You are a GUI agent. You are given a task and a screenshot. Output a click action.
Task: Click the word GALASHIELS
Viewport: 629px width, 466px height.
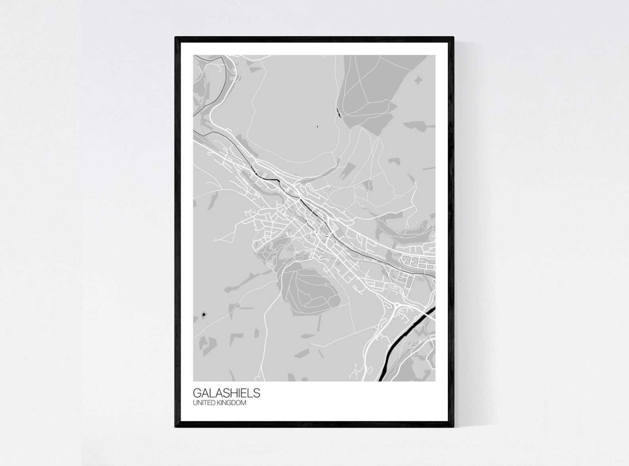pos(227,393)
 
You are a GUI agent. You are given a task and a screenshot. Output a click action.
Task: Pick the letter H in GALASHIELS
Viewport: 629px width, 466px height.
pos(232,393)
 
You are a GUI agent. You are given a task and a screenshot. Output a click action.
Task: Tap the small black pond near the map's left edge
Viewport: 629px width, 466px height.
pos(204,314)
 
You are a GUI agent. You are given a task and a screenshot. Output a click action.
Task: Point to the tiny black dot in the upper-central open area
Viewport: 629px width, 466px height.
pos(317,127)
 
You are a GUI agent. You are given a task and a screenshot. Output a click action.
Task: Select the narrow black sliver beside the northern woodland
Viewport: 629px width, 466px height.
pos(338,113)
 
